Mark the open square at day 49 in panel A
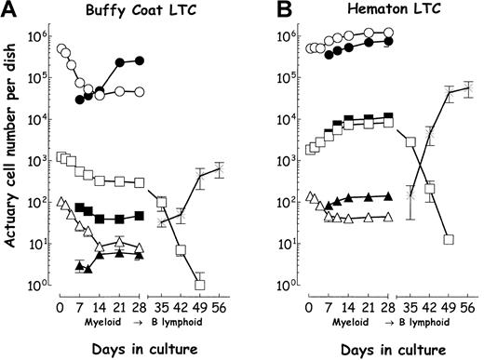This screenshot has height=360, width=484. click(199, 284)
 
